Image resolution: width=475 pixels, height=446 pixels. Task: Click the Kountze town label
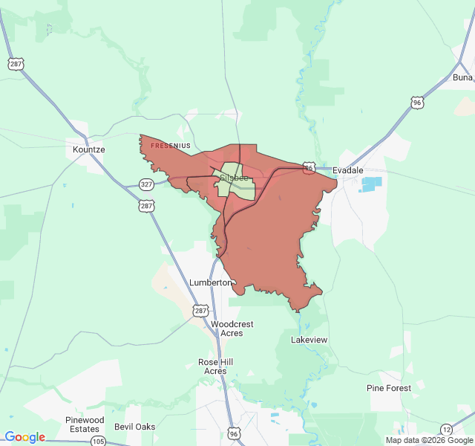(x=89, y=149)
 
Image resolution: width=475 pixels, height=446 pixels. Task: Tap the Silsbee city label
(x=234, y=178)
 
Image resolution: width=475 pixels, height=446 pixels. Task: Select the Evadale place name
(x=348, y=170)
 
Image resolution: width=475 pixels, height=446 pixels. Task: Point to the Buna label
(x=462, y=77)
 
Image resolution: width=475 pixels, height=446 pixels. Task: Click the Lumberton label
(x=211, y=282)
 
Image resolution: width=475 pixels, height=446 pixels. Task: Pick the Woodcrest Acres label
(x=232, y=329)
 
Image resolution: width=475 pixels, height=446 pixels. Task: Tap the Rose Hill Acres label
(x=215, y=366)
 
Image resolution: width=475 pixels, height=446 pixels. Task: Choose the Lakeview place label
(x=309, y=340)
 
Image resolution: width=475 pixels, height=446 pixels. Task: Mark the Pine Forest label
(x=389, y=388)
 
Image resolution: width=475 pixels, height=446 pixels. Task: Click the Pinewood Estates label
(x=85, y=424)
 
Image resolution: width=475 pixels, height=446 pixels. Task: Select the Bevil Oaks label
(x=135, y=427)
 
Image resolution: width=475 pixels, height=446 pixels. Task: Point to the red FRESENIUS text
(x=171, y=146)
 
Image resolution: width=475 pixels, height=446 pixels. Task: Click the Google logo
(x=24, y=437)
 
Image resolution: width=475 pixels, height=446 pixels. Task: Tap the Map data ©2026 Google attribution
(x=429, y=440)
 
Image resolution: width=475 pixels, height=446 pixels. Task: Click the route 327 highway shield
(x=145, y=184)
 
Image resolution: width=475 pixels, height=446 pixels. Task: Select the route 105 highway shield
(x=98, y=442)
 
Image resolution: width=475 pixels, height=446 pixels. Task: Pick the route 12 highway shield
(x=446, y=429)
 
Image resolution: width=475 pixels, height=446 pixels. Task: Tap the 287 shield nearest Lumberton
(x=201, y=309)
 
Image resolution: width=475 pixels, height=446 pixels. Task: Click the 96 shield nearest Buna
(x=418, y=102)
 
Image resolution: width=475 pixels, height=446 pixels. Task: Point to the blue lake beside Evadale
(x=371, y=184)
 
